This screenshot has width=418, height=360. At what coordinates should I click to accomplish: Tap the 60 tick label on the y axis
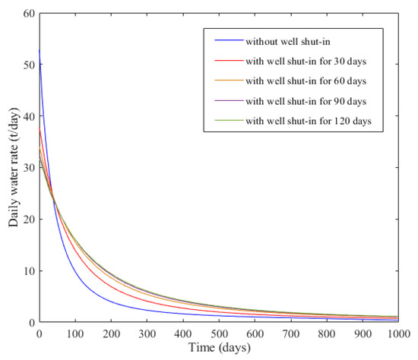27,14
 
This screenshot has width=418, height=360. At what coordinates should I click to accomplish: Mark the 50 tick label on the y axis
27,65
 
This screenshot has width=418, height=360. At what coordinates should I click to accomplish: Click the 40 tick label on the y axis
27,116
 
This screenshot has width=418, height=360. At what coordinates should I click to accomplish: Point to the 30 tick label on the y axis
27,168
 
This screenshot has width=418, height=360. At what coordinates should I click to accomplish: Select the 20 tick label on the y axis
27,219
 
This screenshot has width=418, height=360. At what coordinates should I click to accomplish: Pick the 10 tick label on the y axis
27,271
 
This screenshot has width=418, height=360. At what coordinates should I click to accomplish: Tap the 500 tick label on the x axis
218,333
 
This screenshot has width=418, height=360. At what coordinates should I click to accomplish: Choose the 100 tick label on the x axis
74,333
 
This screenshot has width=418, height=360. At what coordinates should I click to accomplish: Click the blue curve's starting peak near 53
39,51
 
